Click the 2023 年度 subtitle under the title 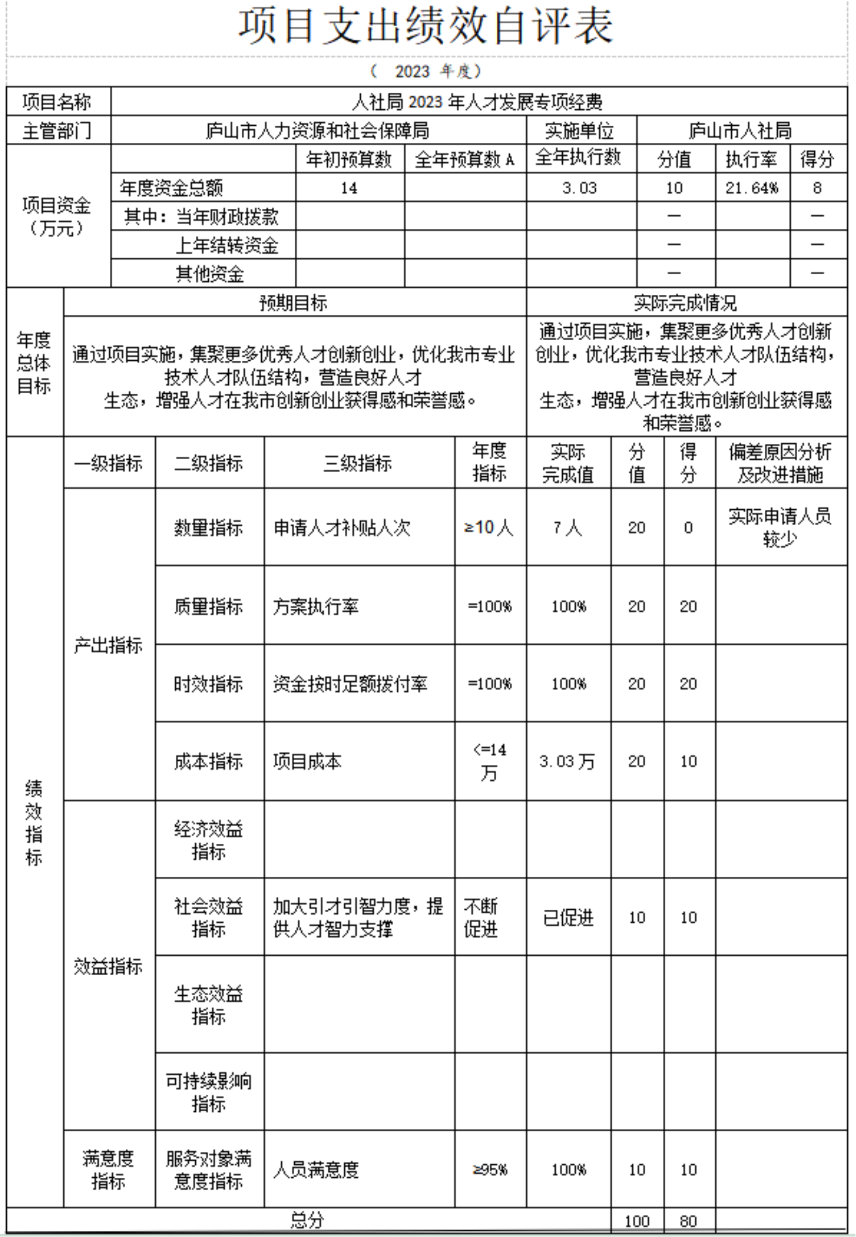[426, 71]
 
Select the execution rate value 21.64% [752, 188]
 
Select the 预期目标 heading [293, 303]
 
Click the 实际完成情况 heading [685, 303]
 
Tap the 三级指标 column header [357, 463]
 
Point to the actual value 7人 [567, 528]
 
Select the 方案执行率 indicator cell [316, 607]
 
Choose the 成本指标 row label [208, 761]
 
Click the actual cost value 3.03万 [567, 761]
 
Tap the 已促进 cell [568, 918]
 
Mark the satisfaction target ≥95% [490, 1170]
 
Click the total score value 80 [688, 1222]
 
